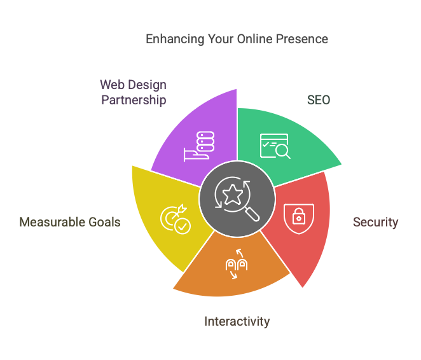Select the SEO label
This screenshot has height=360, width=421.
pos(319,100)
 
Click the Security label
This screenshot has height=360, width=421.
pos(375,223)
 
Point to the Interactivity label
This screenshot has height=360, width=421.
pos(237,321)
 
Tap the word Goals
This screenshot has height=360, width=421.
pos(104,222)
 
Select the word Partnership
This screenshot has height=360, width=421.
pos(134,100)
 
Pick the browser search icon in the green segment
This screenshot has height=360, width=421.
pos(275,146)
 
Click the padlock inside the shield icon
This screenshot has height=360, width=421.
pos(298,216)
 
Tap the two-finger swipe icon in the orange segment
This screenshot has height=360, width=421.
pos(237,264)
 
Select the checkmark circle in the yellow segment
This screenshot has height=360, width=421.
pos(183,226)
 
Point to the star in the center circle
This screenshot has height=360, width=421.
pos(233,195)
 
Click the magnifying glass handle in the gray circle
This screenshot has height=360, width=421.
pos(252,214)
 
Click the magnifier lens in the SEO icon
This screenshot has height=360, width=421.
pos(282,150)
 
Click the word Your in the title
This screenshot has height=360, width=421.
pos(220,39)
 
